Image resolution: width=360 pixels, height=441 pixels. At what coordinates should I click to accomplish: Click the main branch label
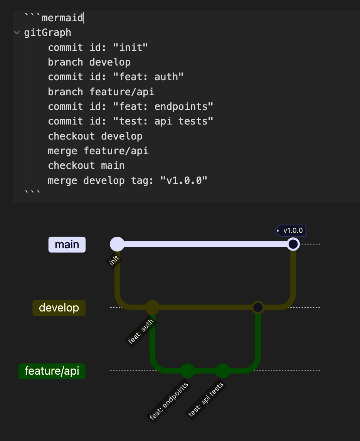[67, 244]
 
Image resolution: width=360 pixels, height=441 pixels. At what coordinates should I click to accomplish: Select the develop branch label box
[59, 308]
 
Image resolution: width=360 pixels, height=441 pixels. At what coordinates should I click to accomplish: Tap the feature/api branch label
[52, 371]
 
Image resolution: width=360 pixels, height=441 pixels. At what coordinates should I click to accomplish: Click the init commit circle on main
[117, 244]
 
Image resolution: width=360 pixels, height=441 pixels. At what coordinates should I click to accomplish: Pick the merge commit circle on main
[293, 244]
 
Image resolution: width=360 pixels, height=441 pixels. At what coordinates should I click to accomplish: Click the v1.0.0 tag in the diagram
[291, 231]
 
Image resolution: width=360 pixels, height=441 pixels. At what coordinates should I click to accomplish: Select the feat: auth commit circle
[152, 308]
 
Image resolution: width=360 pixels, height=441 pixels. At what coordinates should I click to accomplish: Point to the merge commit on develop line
[257, 308]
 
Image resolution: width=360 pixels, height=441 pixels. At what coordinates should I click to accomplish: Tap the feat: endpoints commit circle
[187, 371]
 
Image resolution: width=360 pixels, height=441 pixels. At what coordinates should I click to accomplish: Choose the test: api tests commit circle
[222, 371]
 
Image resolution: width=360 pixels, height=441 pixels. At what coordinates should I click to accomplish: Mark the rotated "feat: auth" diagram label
[141, 331]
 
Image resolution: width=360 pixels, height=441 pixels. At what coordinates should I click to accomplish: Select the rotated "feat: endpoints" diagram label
[169, 401]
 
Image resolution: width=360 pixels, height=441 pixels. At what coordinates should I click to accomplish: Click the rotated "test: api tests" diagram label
[206, 400]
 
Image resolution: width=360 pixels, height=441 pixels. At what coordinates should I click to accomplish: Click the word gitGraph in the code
[48, 32]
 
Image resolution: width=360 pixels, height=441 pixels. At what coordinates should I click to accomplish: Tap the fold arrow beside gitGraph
[17, 32]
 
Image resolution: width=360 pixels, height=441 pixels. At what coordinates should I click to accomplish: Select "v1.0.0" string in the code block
[184, 180]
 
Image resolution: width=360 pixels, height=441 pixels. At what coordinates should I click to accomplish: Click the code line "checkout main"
[86, 165]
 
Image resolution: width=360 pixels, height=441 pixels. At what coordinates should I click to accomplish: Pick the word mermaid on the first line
[62, 18]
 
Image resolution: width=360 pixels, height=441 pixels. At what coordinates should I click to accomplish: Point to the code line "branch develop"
[89, 62]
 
